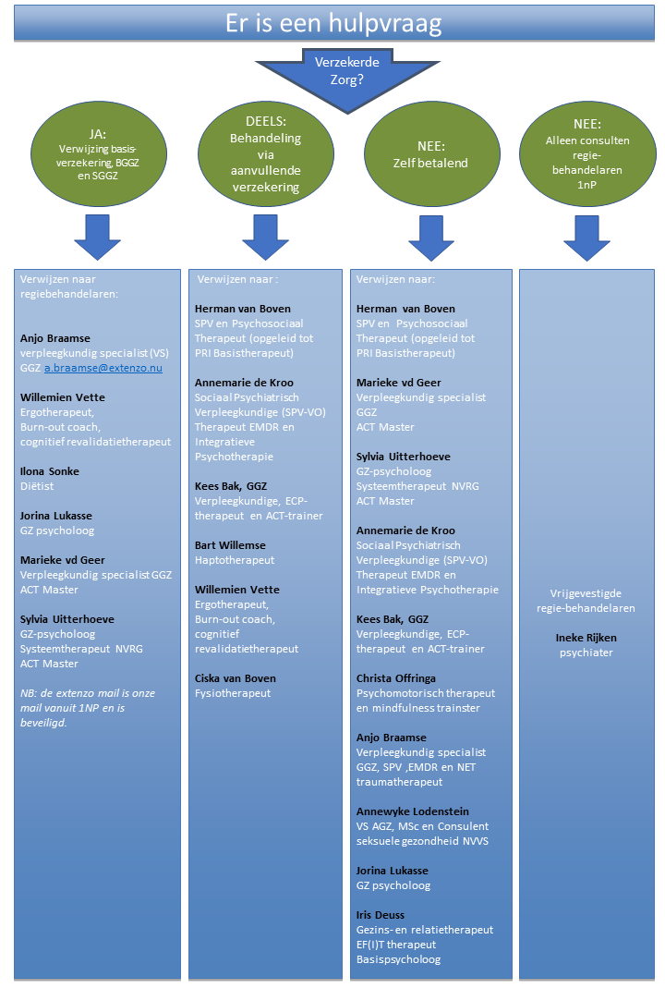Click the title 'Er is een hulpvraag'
[x=333, y=23]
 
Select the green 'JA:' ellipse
[x=98, y=154]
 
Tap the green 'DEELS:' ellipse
[x=265, y=154]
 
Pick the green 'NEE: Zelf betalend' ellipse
[x=431, y=154]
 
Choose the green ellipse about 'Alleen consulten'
[x=586, y=154]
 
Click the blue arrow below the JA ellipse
[x=98, y=238]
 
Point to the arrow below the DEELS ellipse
[x=265, y=238]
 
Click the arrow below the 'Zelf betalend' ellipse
[x=431, y=238]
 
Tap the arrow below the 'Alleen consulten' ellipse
[x=586, y=238]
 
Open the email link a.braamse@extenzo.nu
[x=103, y=368]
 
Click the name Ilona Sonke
[x=50, y=471]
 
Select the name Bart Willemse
[x=230, y=545]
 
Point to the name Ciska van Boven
[x=235, y=678]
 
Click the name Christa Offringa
[x=395, y=678]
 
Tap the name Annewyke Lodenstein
[x=413, y=811]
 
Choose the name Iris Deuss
[x=381, y=914]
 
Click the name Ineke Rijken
[x=586, y=638]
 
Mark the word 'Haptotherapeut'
[x=235, y=560]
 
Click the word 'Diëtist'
[x=37, y=486]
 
